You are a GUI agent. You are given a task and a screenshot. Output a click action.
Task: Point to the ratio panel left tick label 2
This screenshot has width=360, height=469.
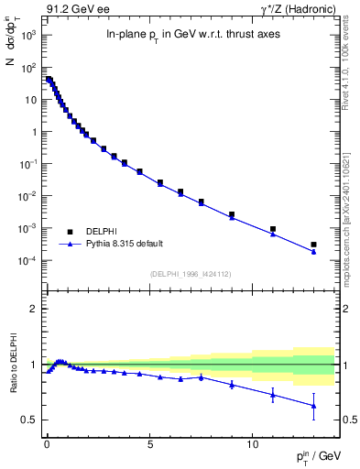click(x=33, y=309)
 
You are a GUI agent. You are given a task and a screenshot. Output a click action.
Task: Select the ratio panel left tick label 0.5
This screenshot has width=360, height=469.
click(x=28, y=420)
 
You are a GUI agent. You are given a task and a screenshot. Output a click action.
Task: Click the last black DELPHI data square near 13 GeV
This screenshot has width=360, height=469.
click(x=313, y=245)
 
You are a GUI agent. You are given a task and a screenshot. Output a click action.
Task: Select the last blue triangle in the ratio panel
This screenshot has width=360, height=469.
click(x=313, y=406)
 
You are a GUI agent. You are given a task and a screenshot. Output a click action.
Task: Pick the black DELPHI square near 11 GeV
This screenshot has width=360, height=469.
click(x=273, y=229)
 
